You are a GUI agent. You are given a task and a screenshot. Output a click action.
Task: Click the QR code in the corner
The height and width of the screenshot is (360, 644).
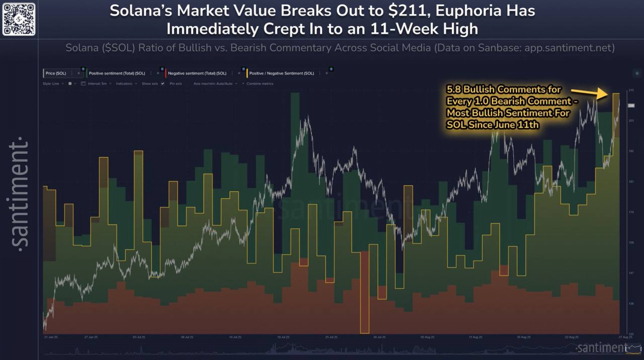(19, 19)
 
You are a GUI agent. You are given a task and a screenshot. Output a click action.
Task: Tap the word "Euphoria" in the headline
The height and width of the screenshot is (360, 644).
(468, 11)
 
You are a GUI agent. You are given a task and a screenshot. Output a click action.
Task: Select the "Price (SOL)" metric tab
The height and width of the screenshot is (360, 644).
(56, 73)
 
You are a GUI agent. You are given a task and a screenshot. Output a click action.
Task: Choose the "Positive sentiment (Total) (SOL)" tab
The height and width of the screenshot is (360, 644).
(117, 73)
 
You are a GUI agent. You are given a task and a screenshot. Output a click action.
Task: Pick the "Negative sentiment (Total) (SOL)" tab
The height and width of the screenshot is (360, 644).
(197, 73)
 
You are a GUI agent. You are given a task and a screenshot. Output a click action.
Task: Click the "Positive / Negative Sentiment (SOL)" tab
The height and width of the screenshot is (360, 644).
(281, 73)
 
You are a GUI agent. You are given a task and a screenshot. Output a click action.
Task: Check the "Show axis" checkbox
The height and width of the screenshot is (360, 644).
(163, 83)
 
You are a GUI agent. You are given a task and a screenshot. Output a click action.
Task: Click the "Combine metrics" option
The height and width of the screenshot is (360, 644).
(260, 83)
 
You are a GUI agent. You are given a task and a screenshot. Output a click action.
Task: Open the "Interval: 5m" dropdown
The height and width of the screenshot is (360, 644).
(97, 83)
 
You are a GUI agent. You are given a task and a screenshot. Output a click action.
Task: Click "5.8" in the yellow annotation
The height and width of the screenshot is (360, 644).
(454, 89)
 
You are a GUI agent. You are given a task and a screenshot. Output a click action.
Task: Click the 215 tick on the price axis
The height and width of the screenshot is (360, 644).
(631, 91)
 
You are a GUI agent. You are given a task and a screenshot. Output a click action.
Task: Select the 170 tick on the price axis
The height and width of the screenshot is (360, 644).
(631, 212)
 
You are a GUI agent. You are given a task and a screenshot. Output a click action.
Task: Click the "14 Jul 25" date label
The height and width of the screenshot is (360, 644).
(235, 337)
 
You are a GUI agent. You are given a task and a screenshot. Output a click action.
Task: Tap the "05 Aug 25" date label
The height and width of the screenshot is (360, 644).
(427, 337)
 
